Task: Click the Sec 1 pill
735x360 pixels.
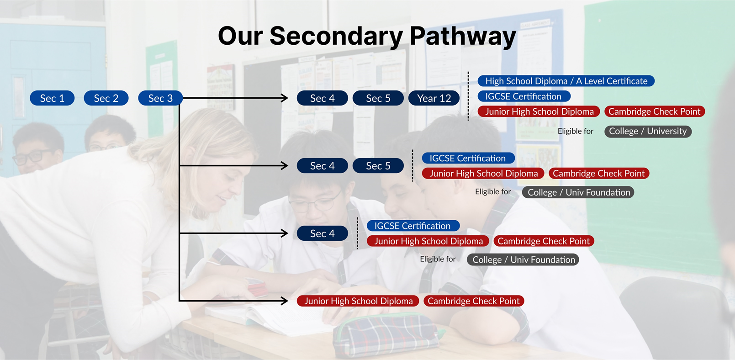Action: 52,98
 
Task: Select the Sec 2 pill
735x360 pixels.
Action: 106,98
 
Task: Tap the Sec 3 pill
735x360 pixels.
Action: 160,98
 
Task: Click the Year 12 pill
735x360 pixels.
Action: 434,98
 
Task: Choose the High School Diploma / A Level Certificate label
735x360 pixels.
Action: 566,81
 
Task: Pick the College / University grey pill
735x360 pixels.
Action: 648,131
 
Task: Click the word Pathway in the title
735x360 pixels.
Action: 463,36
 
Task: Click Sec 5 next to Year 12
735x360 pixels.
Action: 378,98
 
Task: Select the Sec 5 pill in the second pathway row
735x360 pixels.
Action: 378,166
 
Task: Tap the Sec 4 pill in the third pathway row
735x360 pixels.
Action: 322,233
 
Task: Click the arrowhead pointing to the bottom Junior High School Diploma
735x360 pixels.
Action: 284,301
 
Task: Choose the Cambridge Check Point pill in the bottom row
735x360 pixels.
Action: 474,301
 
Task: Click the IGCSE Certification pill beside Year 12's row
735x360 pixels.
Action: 523,96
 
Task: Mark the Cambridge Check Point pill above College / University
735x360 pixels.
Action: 655,111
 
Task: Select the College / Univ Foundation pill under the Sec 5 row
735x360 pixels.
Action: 578,192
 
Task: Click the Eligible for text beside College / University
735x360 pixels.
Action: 576,131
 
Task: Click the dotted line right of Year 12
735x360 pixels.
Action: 468,96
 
